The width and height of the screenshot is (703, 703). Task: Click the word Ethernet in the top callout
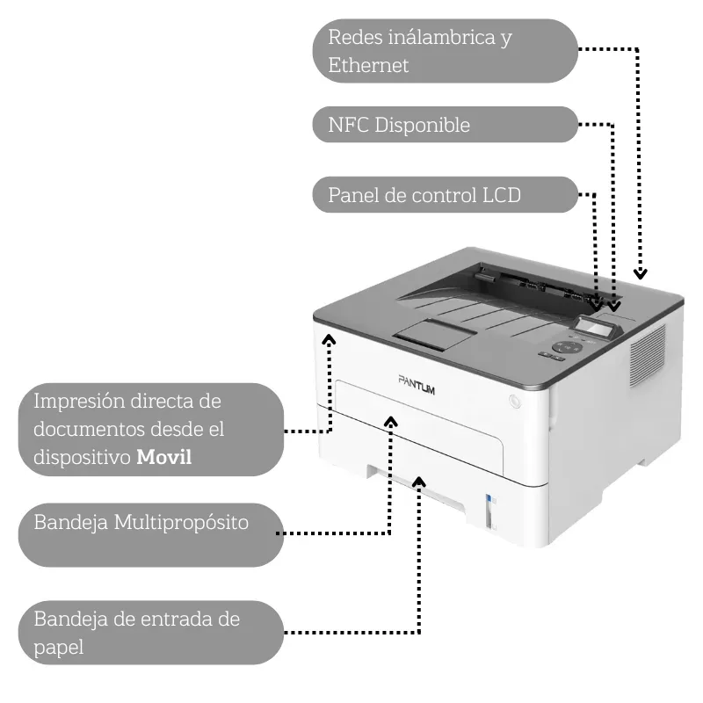click(368, 65)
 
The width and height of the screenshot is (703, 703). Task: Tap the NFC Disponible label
click(399, 125)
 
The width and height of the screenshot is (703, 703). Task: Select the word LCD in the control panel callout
click(502, 195)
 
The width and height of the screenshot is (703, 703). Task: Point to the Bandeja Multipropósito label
click(141, 522)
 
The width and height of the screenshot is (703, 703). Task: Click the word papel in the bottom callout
click(58, 649)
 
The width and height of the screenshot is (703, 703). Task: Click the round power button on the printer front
click(515, 401)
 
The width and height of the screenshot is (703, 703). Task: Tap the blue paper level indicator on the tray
click(489, 504)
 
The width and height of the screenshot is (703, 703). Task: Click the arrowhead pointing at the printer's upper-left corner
click(330, 339)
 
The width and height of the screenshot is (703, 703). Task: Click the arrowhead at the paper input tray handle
click(419, 482)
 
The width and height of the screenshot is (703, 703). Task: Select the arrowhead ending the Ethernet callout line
click(641, 273)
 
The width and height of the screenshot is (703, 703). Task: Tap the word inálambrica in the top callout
click(436, 38)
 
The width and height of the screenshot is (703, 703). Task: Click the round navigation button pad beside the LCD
click(569, 346)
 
